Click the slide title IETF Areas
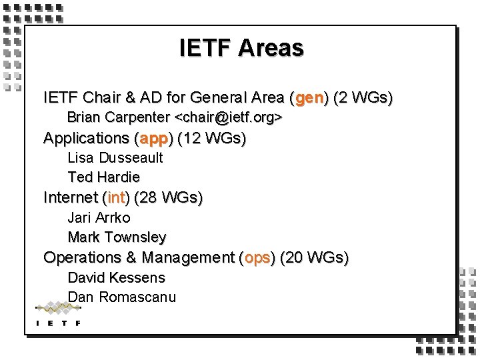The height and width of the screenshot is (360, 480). pos(241,48)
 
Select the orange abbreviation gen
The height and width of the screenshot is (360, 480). pos(309,99)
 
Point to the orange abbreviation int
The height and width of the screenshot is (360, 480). pos(117,198)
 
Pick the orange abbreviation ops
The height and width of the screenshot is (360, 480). pos(257,258)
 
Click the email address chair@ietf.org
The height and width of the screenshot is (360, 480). pos(229,118)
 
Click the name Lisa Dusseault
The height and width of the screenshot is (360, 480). pos(115,158)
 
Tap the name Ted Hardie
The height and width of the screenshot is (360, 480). pos(103,177)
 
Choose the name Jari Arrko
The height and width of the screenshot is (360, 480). pos(99,217)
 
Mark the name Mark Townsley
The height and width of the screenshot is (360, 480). pos(117,237)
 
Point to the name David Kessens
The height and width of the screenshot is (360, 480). pos(116,277)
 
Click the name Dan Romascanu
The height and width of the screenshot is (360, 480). pos(122,297)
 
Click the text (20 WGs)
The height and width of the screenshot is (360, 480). pos(314,258)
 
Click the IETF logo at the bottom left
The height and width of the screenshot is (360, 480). pos(58,314)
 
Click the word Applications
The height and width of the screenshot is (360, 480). pos(86,139)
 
